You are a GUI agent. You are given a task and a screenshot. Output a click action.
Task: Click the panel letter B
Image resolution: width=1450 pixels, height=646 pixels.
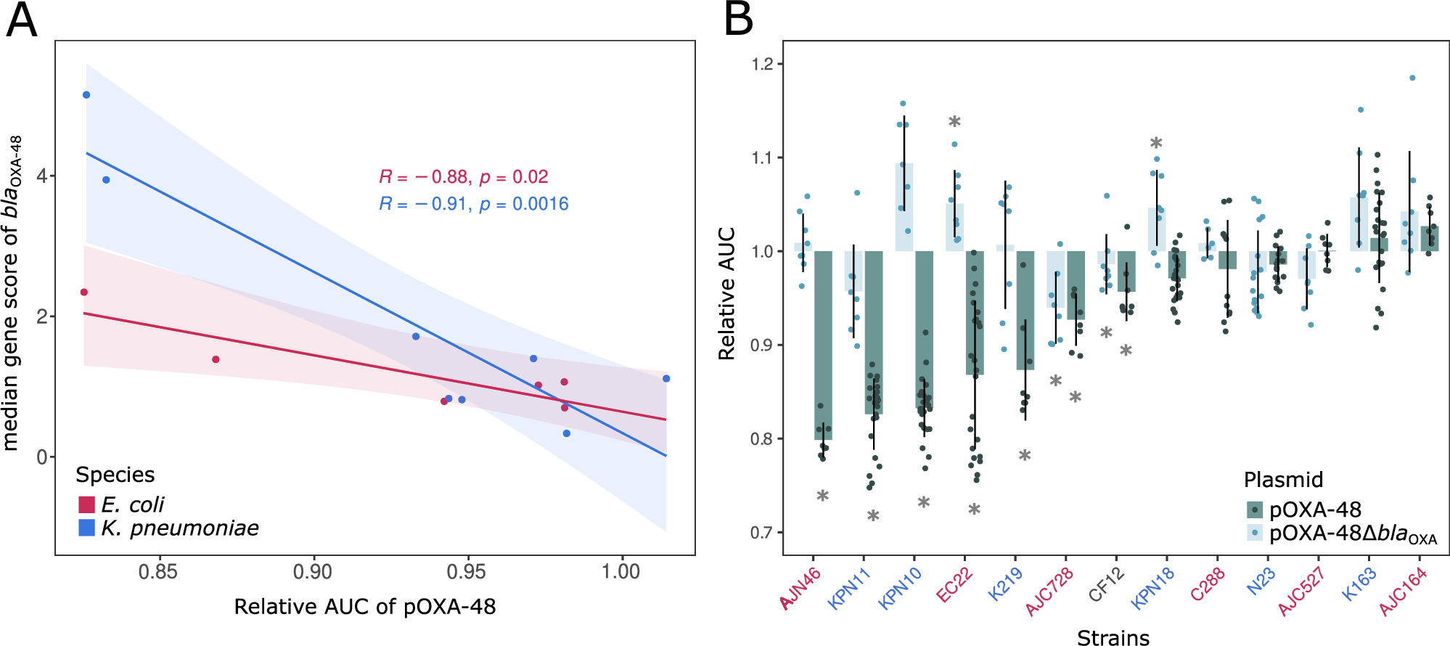pos(738,20)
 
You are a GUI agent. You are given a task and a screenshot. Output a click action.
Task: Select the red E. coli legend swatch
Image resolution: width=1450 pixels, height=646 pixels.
pos(86,504)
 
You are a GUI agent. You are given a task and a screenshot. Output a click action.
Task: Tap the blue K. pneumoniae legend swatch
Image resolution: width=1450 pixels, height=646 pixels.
pos(86,528)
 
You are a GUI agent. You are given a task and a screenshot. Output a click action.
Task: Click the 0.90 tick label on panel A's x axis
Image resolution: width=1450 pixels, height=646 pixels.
pos(312,572)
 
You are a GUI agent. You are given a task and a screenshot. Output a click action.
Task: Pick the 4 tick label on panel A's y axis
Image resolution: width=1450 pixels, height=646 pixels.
pos(41,176)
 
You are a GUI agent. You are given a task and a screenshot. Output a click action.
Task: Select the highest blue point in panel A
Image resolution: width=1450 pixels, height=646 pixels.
pos(86,95)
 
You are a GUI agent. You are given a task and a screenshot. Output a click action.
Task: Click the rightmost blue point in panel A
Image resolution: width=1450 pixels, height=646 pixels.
pos(666,378)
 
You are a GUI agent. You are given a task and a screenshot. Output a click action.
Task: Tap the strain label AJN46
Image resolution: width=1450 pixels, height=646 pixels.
pos(801,588)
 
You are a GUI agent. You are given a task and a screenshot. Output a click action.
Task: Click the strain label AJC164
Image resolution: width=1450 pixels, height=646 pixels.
pos(1404,592)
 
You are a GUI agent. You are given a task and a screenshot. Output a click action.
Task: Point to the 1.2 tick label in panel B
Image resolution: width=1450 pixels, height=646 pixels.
pos(762,64)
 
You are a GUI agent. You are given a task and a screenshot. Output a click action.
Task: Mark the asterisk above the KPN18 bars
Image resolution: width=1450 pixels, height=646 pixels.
pos(1156,144)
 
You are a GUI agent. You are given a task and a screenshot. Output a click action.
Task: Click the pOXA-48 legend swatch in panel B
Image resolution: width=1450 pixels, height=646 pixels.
pos(1255,510)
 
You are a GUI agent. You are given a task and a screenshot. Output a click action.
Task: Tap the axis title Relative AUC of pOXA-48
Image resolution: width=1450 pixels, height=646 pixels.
pos(364,607)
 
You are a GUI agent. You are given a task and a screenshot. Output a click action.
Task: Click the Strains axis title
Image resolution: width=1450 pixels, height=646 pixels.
pos(1113,637)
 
